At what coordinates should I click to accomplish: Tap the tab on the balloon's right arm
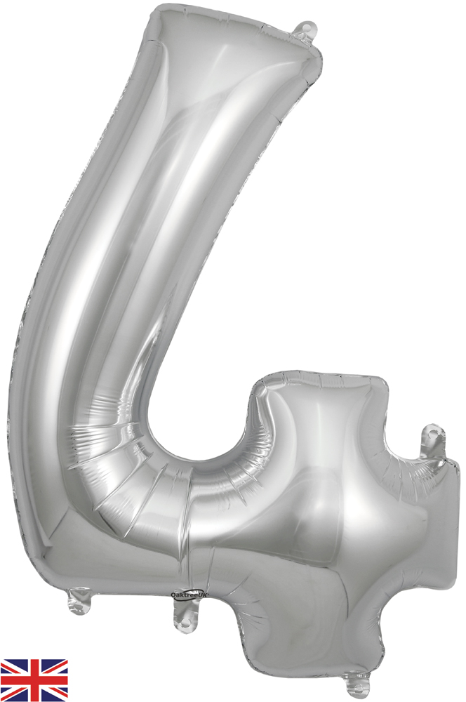[x=433, y=441]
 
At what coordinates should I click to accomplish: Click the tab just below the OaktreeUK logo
[x=186, y=612]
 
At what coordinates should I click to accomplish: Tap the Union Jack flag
[x=34, y=680]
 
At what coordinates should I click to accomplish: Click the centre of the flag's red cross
[x=34, y=680]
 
